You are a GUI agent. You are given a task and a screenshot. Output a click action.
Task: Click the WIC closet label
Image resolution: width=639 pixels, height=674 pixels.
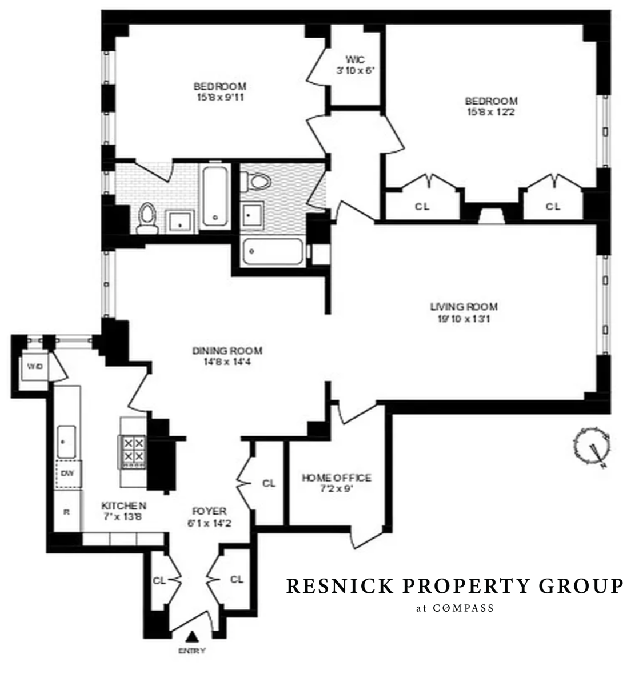pos(354,59)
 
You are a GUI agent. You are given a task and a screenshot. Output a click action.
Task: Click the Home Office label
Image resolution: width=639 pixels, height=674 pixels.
pos(337,478)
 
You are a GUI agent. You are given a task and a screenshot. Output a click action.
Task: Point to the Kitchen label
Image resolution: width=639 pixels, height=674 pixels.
pos(124,505)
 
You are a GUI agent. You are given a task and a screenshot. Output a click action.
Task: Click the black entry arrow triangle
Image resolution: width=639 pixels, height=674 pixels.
pos(193,636)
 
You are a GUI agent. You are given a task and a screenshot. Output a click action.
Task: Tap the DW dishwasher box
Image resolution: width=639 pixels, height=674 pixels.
pos(67,474)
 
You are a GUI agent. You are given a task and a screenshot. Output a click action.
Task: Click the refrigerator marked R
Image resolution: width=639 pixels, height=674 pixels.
pos(66,512)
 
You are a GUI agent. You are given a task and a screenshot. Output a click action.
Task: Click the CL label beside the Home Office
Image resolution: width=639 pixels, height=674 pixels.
pos(269,483)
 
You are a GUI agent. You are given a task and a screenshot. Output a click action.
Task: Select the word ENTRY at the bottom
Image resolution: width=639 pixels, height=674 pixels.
pos(192,651)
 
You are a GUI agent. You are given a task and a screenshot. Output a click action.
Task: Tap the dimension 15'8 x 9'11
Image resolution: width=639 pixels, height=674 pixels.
pos(219,97)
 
